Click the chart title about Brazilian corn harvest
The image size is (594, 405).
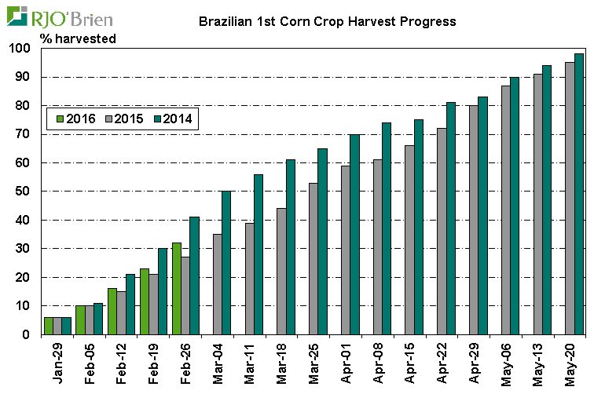[x=327, y=21]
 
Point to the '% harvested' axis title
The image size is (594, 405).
[x=78, y=38]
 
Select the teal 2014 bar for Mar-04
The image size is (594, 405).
[x=226, y=263]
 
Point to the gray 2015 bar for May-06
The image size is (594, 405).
[x=505, y=210]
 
